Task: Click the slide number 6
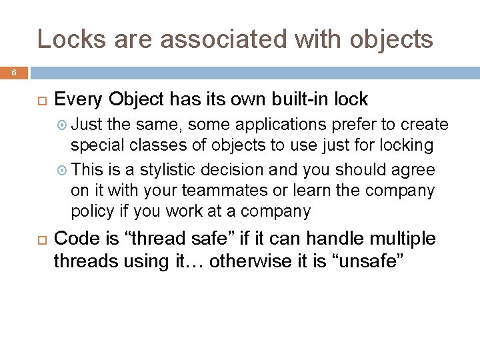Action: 14,73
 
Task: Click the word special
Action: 94,145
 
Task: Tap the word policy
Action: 93,212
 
